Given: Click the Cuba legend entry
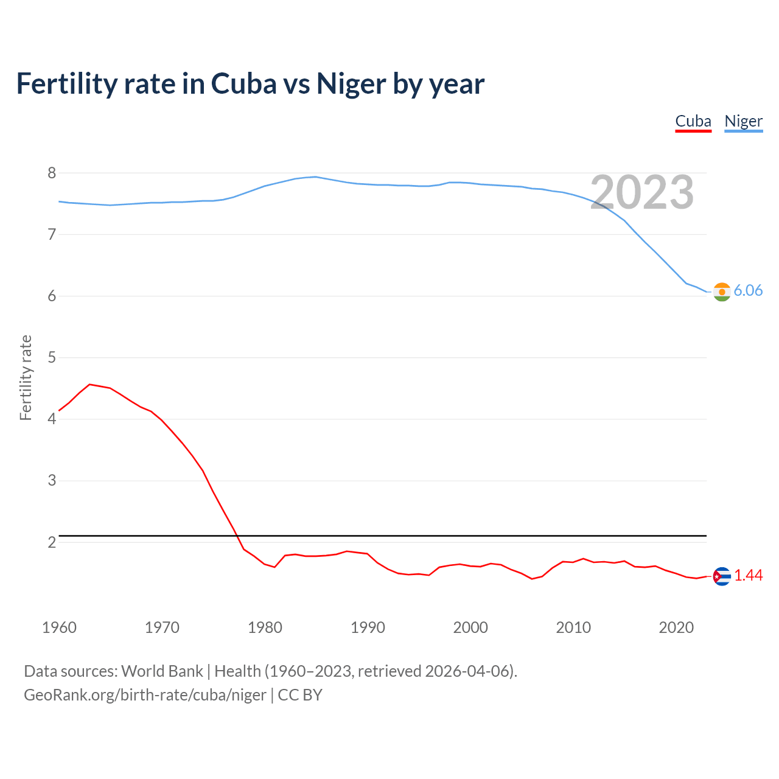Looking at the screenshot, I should click(693, 122).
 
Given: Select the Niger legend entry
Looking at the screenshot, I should click(743, 122).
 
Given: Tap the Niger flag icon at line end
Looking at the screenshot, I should click(722, 292).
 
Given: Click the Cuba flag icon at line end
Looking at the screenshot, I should click(722, 576).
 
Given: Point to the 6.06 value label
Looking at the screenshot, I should click(748, 291).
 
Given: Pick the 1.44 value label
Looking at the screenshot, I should click(748, 576).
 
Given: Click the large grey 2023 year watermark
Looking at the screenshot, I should click(642, 192).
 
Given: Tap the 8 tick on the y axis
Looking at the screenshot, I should click(52, 173).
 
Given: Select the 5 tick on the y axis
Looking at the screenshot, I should click(52, 358).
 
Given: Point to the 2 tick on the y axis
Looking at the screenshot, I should click(52, 542).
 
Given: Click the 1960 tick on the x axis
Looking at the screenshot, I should click(59, 627).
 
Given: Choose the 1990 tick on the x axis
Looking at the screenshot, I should click(368, 627).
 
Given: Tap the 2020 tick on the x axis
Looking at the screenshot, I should click(676, 627).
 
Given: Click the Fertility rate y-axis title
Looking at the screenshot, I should click(26, 377).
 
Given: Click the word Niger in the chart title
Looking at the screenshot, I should click(351, 84).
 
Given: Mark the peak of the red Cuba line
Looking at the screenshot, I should click(90, 385).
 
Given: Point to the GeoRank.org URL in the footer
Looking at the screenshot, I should click(145, 695).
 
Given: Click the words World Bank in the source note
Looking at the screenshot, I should click(162, 671).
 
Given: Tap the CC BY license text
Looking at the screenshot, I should click(300, 695).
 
